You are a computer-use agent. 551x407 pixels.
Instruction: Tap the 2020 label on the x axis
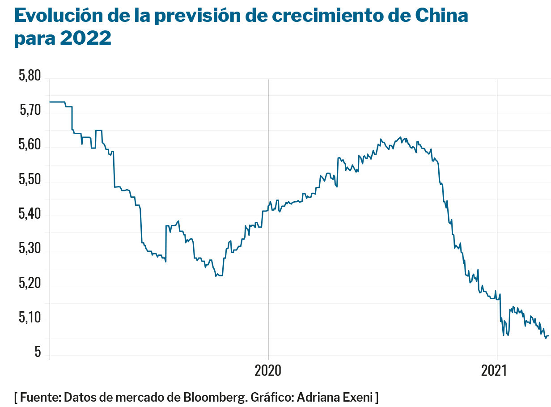pos(267,371)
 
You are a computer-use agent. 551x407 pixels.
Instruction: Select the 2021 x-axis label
pos(494,371)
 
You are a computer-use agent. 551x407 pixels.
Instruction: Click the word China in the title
pos(441,16)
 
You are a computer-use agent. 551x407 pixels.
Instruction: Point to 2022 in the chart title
pos(85,38)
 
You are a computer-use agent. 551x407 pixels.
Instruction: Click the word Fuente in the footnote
pos(40,397)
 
